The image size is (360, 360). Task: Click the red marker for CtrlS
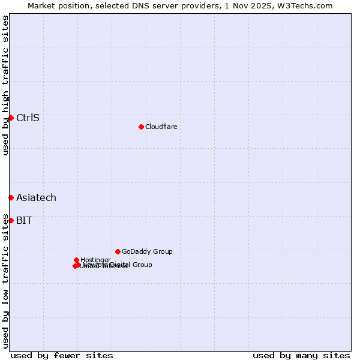(x=11, y=118)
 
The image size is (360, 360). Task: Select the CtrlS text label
(x=28, y=118)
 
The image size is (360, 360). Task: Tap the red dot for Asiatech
(x=11, y=197)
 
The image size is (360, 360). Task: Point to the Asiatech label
(x=36, y=198)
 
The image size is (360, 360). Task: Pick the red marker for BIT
(x=11, y=220)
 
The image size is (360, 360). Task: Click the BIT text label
(x=24, y=220)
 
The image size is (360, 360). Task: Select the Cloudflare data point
(x=141, y=127)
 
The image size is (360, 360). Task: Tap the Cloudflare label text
(x=161, y=127)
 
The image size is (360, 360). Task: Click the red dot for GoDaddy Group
(x=118, y=251)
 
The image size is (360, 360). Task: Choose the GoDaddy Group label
(x=147, y=251)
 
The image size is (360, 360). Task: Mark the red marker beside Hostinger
(x=76, y=260)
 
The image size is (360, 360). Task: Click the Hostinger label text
(x=95, y=260)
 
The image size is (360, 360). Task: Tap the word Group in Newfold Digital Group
(x=142, y=265)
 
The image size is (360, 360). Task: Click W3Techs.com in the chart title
(x=307, y=5)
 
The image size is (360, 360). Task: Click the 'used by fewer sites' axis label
(x=62, y=355)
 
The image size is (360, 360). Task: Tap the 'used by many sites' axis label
(x=301, y=355)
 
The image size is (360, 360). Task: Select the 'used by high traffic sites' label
(x=5, y=85)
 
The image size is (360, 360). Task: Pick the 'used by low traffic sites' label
(x=5, y=280)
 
